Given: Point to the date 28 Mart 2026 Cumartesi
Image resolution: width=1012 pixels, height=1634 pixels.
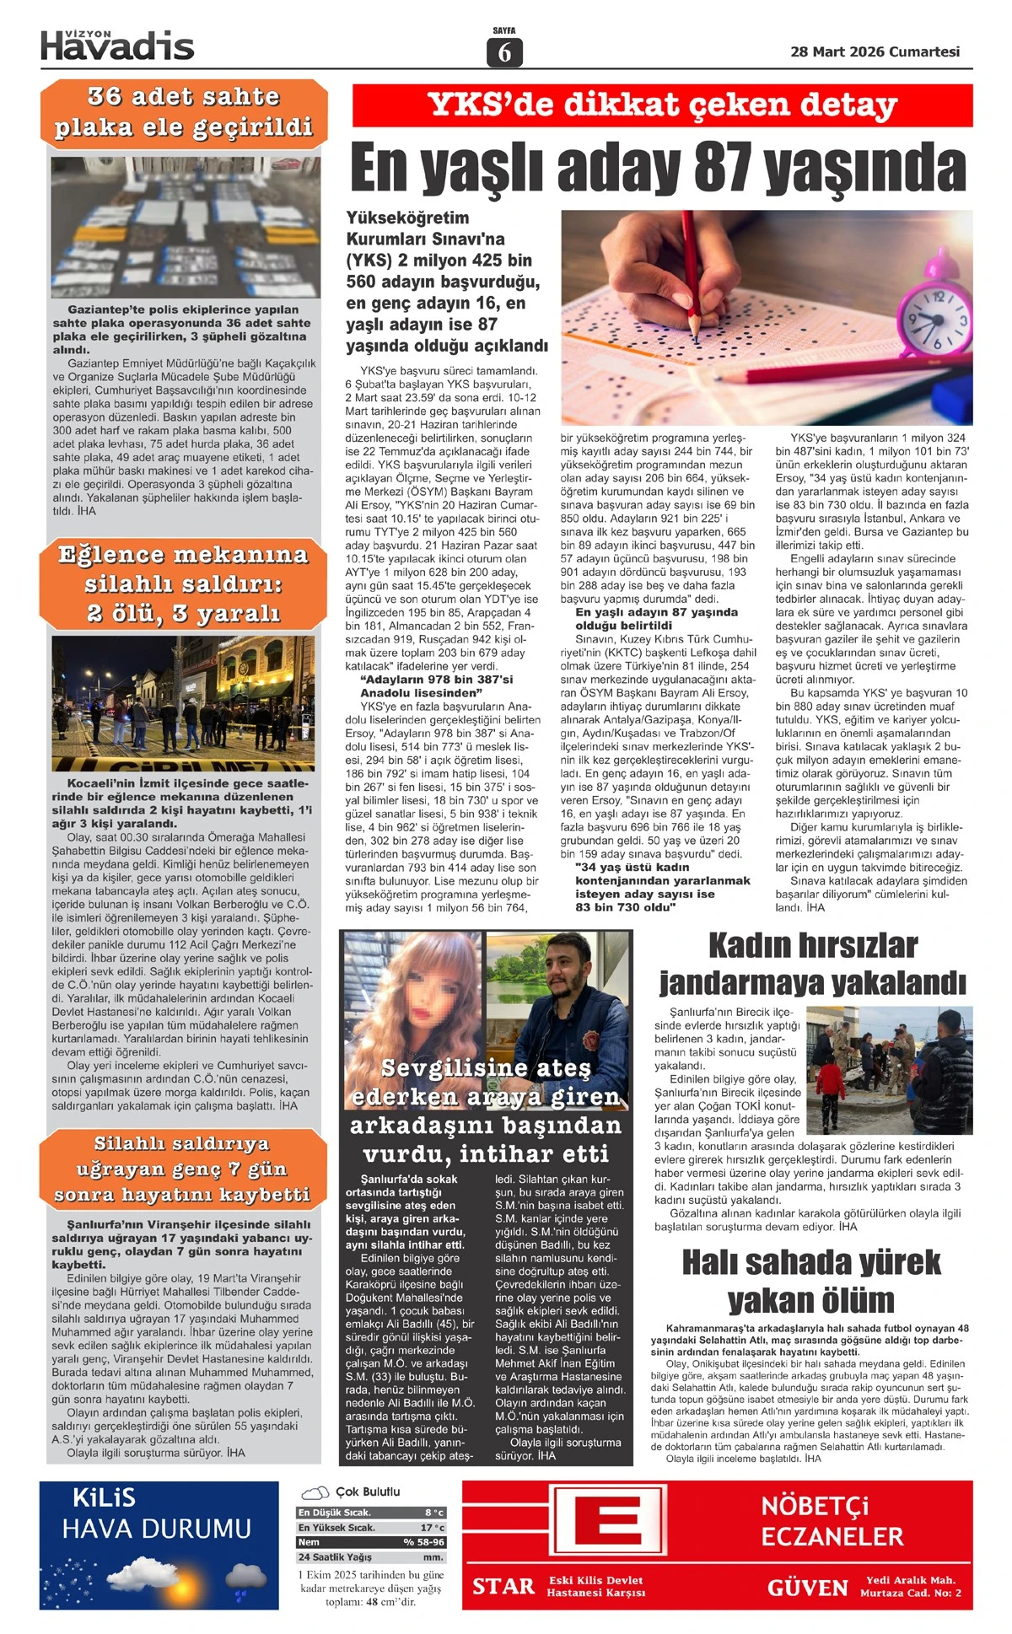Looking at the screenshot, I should [x=875, y=51].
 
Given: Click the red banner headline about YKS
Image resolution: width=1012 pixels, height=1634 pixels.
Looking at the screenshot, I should [x=662, y=105].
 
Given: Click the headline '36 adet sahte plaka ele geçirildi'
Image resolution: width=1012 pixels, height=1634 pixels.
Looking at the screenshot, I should [x=184, y=112].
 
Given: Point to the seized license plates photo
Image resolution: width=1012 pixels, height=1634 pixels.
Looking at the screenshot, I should [x=184, y=228].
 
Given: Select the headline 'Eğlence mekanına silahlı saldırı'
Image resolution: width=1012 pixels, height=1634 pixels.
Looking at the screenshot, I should [x=183, y=583].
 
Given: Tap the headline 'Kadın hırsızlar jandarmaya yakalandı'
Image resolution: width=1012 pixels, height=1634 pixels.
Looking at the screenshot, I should [x=812, y=964].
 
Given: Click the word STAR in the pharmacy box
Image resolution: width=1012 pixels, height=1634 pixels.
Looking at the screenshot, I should [x=503, y=1587].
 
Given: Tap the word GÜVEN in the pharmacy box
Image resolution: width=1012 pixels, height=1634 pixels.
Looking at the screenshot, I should [x=807, y=1588].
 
